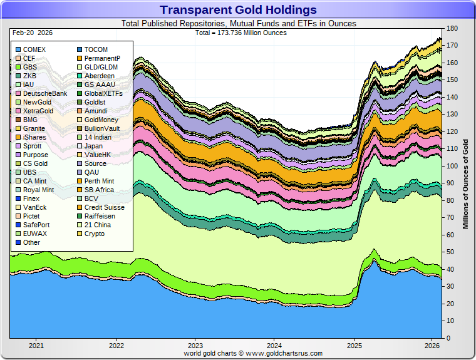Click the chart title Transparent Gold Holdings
pyautogui.click(x=238, y=9)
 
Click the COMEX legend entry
pyautogui.click(x=34, y=49)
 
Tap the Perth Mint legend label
pyautogui.click(x=99, y=181)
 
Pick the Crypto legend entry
pyautogui.click(x=95, y=234)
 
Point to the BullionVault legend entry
pyautogui.click(x=102, y=128)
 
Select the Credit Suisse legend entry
pyautogui.click(x=104, y=207)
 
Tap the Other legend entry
pyautogui.click(x=31, y=242)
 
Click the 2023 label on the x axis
pyautogui.click(x=195, y=345)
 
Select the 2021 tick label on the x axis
pyautogui.click(x=36, y=345)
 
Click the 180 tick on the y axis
pyautogui.click(x=452, y=29)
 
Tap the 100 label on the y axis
pyautogui.click(x=452, y=166)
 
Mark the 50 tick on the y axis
pyautogui.click(x=450, y=252)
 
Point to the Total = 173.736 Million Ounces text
pyautogui.click(x=241, y=33)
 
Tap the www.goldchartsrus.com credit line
pyautogui.click(x=253, y=354)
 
